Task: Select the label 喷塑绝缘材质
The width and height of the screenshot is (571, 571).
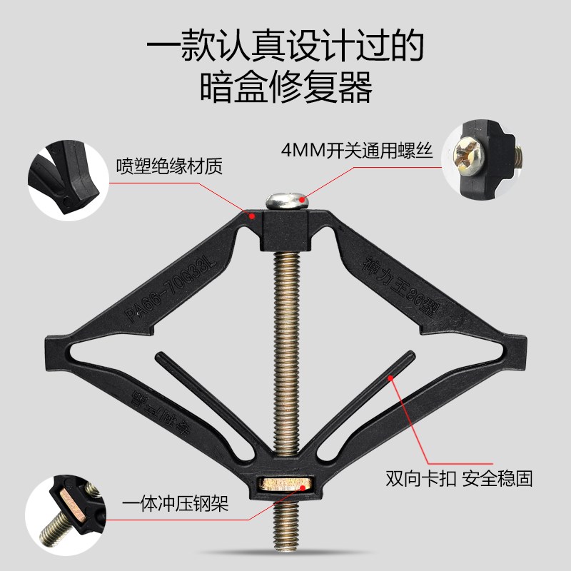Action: pyautogui.click(x=169, y=166)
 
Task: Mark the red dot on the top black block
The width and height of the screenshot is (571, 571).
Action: pyautogui.click(x=251, y=213)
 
